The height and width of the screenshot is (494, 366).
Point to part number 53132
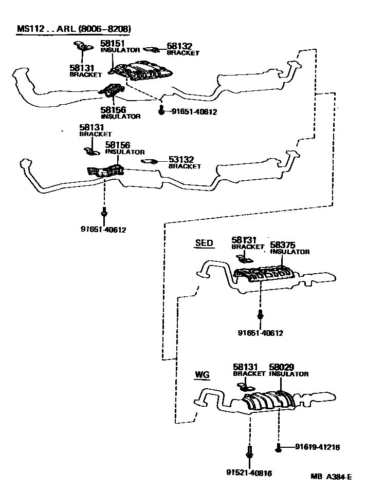pyautogui.click(x=180, y=160)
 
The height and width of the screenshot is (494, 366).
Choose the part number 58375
pyautogui.click(x=282, y=245)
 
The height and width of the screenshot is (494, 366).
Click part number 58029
pyautogui.click(x=282, y=368)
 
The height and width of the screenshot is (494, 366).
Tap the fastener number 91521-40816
pyautogui.click(x=249, y=473)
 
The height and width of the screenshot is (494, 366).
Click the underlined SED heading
pyautogui.click(x=204, y=243)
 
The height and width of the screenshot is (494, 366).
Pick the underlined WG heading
pyautogui.click(x=202, y=375)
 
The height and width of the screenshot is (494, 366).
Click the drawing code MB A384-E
pyautogui.click(x=331, y=477)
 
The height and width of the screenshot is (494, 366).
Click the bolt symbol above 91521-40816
pyautogui.click(x=249, y=453)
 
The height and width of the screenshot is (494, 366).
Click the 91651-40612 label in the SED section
pyautogui.click(x=261, y=333)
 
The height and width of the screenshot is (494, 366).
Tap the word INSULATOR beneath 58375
pyautogui.click(x=290, y=252)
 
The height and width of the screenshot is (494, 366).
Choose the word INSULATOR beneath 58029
pyautogui.click(x=289, y=374)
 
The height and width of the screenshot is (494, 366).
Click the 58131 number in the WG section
pyautogui.click(x=245, y=368)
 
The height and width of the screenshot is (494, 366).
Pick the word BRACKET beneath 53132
pyautogui.click(x=185, y=166)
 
